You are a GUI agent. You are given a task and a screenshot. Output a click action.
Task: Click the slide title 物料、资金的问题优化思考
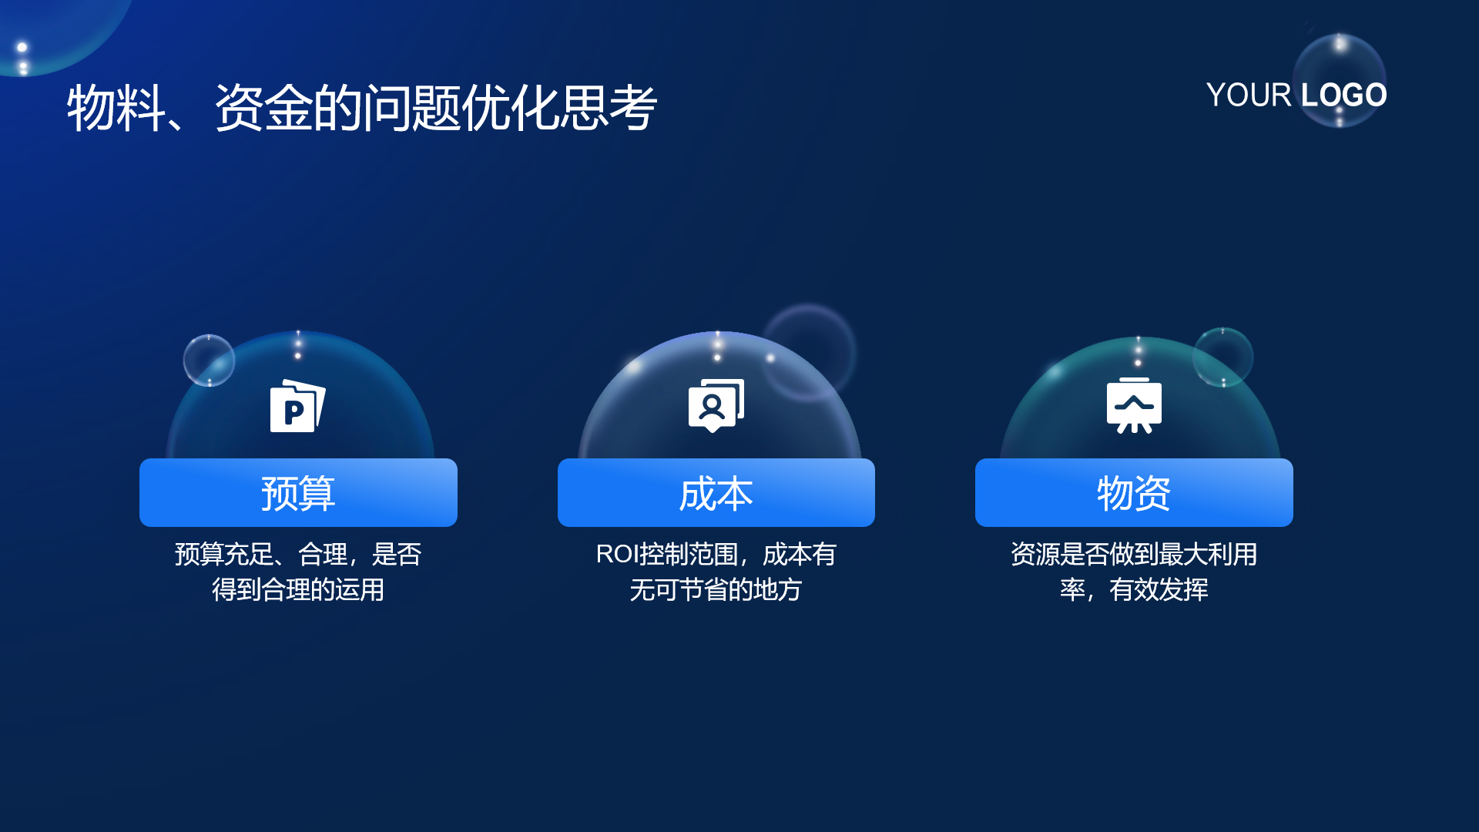click(x=362, y=108)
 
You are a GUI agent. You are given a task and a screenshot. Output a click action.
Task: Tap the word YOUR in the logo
click(x=1248, y=96)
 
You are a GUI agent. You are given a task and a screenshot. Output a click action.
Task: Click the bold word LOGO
click(x=1343, y=96)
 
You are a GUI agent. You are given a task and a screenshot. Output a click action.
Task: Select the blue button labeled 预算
click(x=298, y=492)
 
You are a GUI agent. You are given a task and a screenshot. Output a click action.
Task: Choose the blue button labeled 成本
click(x=716, y=492)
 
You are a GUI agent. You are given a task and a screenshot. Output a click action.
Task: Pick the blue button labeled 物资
click(x=1134, y=492)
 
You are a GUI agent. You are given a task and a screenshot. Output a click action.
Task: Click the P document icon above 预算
click(x=297, y=406)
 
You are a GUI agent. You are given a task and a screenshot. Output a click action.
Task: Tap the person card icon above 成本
click(x=716, y=405)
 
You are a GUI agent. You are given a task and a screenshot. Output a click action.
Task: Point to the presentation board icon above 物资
click(x=1134, y=405)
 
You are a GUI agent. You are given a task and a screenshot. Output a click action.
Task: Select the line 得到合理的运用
click(x=298, y=589)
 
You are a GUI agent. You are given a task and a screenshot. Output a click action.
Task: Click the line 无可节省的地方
click(x=716, y=589)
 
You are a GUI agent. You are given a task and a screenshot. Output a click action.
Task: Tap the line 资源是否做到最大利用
click(x=1134, y=554)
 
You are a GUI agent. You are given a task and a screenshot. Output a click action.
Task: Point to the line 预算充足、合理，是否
click(x=298, y=554)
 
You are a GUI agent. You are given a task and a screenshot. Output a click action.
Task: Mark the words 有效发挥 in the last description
click(x=1159, y=589)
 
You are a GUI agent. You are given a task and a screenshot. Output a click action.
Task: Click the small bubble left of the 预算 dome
click(x=209, y=361)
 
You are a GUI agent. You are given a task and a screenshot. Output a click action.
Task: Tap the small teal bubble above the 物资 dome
click(x=1222, y=357)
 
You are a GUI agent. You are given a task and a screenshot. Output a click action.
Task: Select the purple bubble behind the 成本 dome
click(x=809, y=351)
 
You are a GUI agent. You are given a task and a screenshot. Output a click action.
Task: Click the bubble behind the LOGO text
click(x=1340, y=80)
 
